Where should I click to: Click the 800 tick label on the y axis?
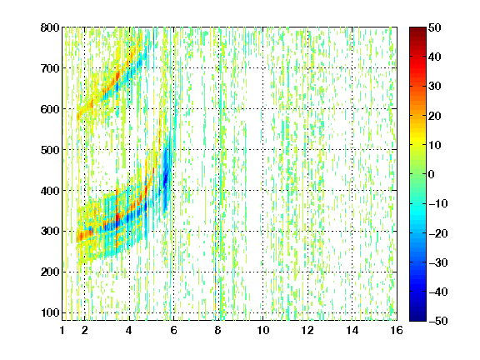[x=50, y=27]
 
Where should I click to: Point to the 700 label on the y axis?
[x=50, y=68]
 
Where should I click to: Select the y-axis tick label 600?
[x=50, y=109]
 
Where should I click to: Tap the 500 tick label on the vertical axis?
[x=50, y=150]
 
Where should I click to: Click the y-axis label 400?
[x=50, y=191]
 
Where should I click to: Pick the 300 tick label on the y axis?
[x=50, y=231]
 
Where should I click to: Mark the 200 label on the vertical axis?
[x=50, y=272]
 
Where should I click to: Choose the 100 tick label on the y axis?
[x=50, y=312]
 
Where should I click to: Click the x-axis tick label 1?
[x=62, y=330]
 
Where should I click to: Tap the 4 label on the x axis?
[x=129, y=330]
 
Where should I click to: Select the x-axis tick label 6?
[x=173, y=330]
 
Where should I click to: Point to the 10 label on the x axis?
[x=263, y=330]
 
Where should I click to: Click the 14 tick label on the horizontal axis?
[x=352, y=330]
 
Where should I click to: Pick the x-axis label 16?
[x=397, y=330]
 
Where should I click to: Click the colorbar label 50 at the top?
[x=435, y=27]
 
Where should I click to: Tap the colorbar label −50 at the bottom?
[x=438, y=321]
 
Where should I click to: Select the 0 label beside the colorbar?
[x=432, y=174]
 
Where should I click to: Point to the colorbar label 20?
[x=435, y=116]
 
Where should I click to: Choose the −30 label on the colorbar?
[x=438, y=262]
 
